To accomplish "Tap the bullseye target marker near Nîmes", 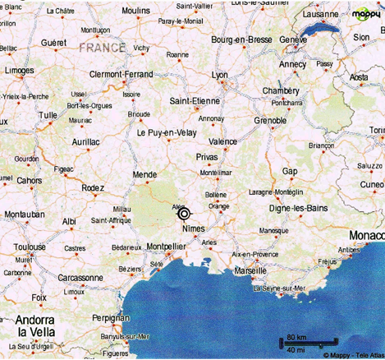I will [184, 213].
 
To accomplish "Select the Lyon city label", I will [219, 76].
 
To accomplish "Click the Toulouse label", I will [30, 247].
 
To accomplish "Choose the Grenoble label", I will [270, 120].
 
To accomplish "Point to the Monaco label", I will [365, 236].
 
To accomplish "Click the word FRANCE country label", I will [103, 48].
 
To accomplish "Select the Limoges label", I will [19, 71].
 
